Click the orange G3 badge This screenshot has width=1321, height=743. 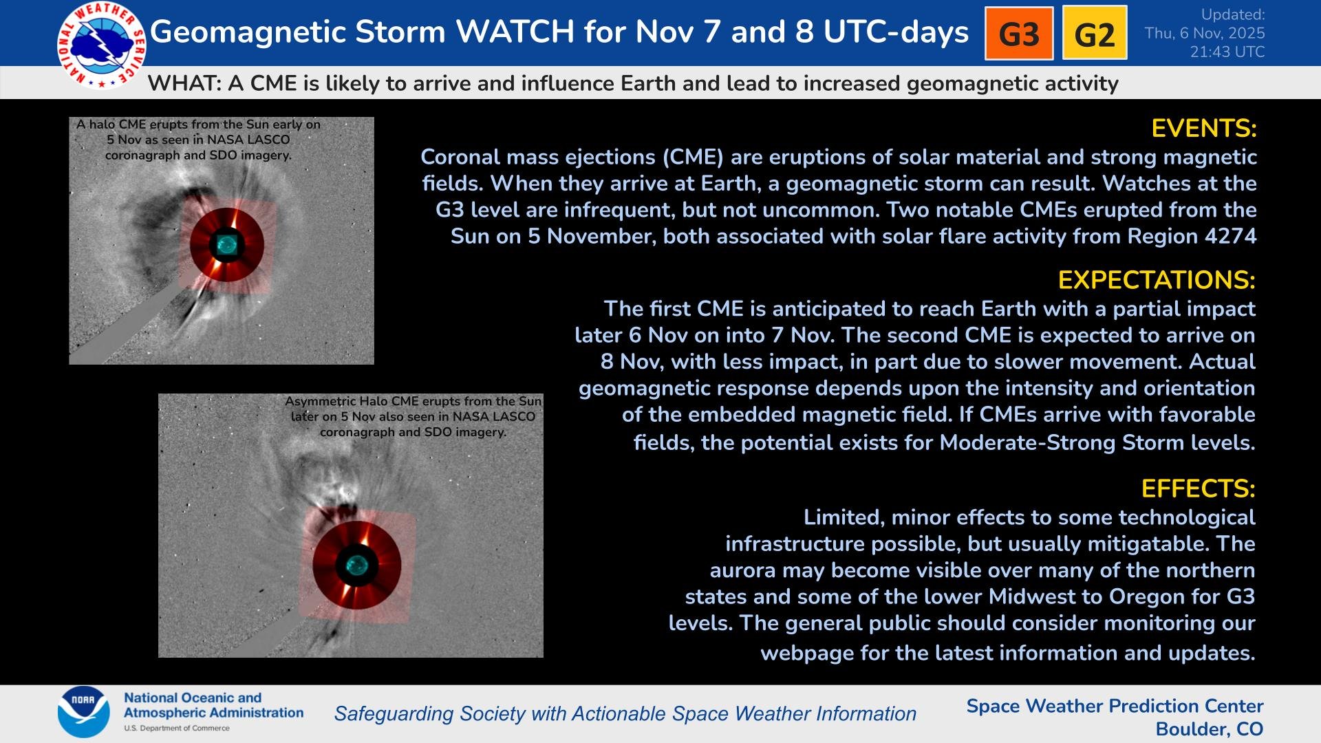click(1019, 34)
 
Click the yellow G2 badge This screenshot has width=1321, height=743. click(1095, 34)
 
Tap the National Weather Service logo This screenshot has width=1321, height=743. click(102, 45)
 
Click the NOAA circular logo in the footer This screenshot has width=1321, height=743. click(83, 712)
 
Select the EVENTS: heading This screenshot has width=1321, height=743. click(1204, 129)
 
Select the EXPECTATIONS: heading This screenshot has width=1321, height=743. click(1157, 280)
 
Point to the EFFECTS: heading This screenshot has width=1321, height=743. click(1198, 488)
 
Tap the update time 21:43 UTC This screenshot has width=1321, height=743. click(1227, 52)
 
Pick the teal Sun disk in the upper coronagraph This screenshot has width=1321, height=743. click(226, 244)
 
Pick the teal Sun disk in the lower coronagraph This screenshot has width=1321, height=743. click(356, 565)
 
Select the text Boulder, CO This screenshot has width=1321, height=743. click(1210, 729)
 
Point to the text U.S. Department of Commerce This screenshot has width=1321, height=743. click(177, 729)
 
